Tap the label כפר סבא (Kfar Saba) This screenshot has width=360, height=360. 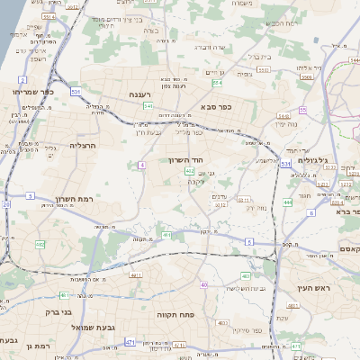click(x=217, y=107)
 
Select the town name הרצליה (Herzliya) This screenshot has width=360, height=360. click(x=82, y=144)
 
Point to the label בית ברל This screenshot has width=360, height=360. click(x=260, y=56)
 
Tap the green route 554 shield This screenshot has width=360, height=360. click(x=217, y=83)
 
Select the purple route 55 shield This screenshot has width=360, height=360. click(x=303, y=110)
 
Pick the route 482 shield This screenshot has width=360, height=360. click(x=40, y=245)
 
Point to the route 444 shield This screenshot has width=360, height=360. click(x=287, y=202)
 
